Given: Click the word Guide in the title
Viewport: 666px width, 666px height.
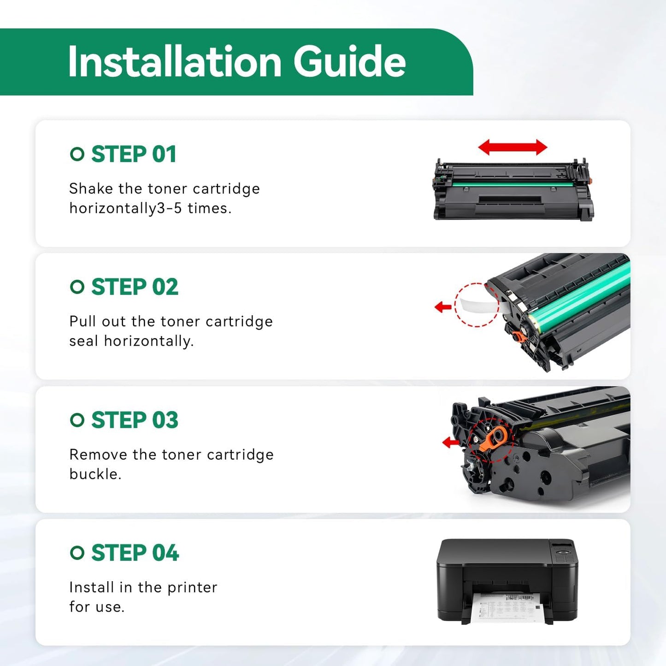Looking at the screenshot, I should (x=349, y=62).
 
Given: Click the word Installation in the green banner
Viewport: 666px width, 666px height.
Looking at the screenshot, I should (x=175, y=62).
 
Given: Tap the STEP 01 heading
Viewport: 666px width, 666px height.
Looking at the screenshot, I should (x=134, y=154).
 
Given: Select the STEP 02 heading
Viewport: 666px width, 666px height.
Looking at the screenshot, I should (x=135, y=287).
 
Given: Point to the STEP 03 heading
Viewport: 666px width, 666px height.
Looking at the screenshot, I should (x=135, y=420).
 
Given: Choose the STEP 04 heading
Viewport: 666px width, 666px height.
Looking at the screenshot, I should (x=135, y=553).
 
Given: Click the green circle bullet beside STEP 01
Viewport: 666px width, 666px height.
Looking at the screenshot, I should (x=77, y=154).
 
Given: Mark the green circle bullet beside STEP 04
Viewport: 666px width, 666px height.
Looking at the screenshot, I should (x=77, y=553).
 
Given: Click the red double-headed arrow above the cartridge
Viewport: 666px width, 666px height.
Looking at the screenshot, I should (x=513, y=147).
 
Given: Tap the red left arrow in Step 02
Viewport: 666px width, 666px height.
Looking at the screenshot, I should (x=443, y=306).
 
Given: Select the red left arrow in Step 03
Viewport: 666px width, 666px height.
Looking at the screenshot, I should (x=451, y=442).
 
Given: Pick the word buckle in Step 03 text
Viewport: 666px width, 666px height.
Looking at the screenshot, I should (x=95, y=474).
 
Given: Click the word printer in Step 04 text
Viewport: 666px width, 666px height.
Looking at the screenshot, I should (x=192, y=588).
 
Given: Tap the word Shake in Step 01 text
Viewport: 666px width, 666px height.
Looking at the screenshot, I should (x=91, y=189).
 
